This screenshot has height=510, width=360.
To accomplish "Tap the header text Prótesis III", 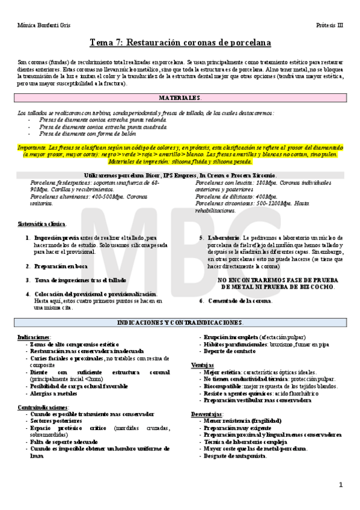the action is coord(329,25).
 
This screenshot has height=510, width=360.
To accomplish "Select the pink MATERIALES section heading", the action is coord(180,97).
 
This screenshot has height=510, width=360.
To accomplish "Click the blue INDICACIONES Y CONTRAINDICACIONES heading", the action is coord(180,323).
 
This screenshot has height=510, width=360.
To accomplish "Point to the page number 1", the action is coord(340,485).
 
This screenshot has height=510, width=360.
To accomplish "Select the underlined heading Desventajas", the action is coord(207,414).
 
